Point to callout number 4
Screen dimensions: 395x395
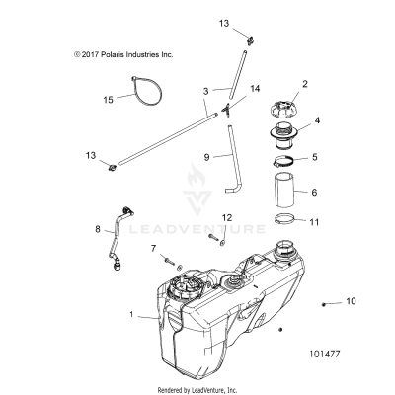pyautogui.click(x=317, y=124)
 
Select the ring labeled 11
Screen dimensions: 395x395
pyautogui.click(x=281, y=224)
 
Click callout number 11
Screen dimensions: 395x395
pyautogui.click(x=315, y=223)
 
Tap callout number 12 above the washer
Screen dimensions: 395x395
pyautogui.click(x=226, y=244)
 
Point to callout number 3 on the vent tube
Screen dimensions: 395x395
pyautogui.click(x=205, y=91)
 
